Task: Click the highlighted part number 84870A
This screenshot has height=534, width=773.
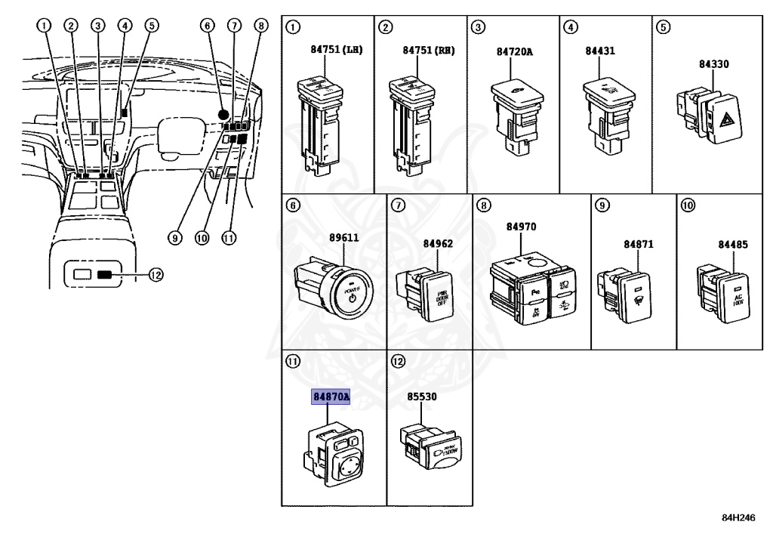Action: coord(331,397)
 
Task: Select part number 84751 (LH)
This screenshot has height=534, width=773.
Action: coord(336,51)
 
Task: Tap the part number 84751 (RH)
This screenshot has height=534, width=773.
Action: coord(428,51)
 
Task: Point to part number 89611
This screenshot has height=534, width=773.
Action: coord(343,236)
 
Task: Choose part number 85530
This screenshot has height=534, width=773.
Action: coord(421,395)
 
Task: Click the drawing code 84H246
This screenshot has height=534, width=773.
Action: coord(738,518)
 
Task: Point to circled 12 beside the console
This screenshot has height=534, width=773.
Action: coord(155,275)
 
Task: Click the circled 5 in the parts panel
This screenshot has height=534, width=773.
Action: coord(663,28)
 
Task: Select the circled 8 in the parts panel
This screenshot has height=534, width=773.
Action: coord(484,204)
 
